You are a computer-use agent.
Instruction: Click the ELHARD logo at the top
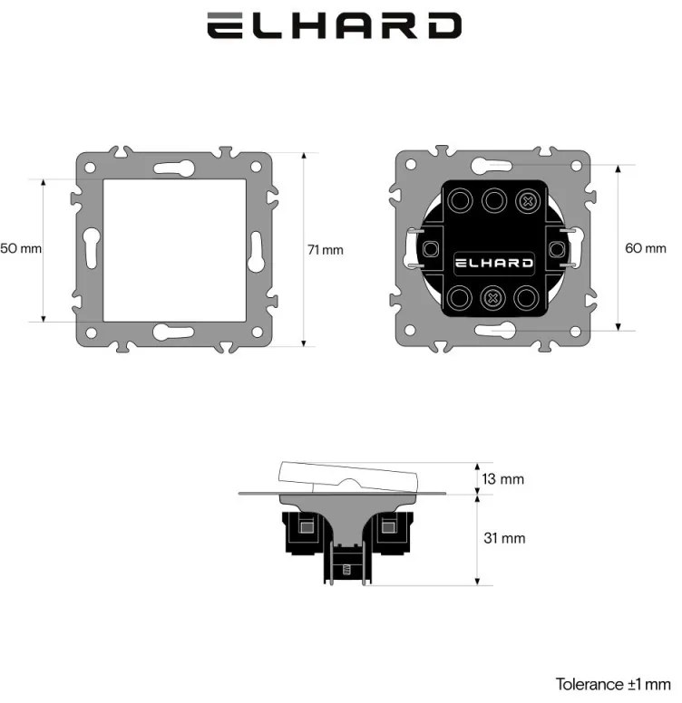tap(334, 25)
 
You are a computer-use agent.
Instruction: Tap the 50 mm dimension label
tap(21, 248)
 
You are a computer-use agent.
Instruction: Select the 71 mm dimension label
tap(326, 250)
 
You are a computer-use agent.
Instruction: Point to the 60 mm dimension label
tap(646, 248)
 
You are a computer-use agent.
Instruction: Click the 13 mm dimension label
tap(503, 479)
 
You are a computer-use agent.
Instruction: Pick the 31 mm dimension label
tap(504, 538)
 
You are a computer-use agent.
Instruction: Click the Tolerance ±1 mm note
tap(613, 684)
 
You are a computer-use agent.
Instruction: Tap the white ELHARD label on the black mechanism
tap(494, 263)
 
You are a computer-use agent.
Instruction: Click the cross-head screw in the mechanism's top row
tap(528, 201)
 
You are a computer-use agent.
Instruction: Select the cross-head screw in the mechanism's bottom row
tap(493, 298)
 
